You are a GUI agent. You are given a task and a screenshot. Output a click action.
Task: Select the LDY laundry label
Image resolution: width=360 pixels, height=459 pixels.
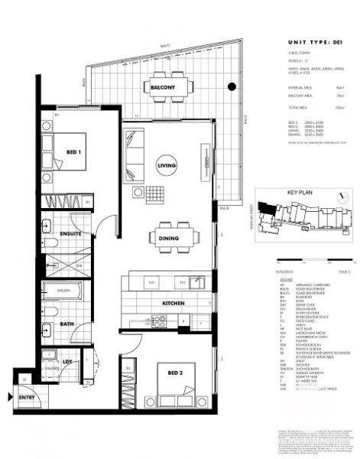pos(67,362)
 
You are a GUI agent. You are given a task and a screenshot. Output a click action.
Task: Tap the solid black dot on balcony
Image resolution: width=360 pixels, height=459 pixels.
pos(232,87)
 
